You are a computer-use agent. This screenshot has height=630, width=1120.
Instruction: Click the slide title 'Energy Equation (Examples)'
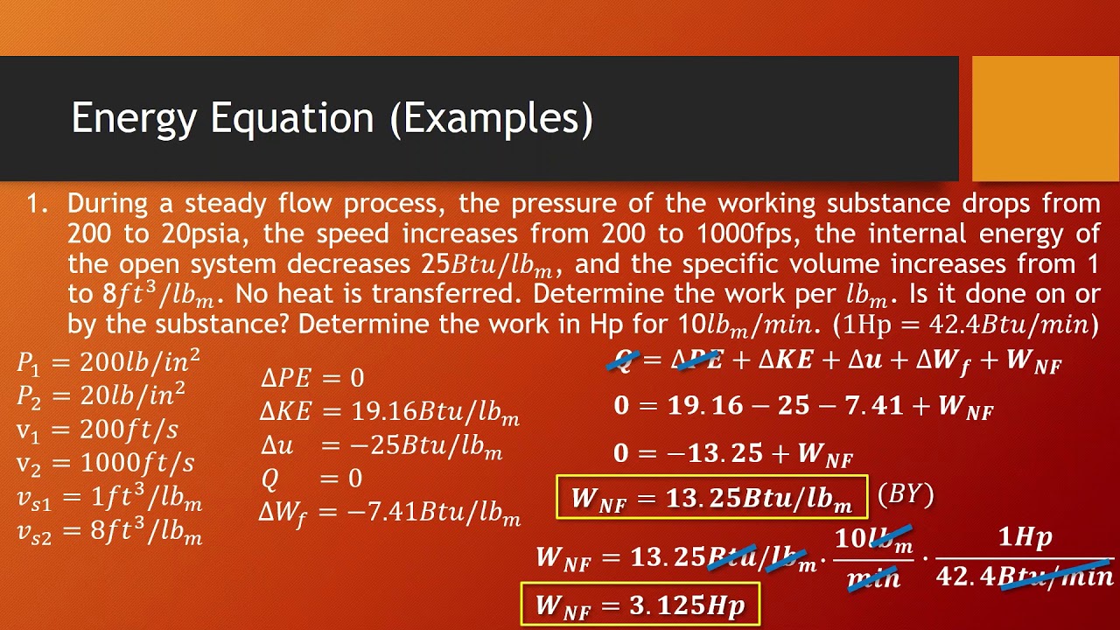332,118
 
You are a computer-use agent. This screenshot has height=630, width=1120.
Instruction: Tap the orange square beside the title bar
1046,118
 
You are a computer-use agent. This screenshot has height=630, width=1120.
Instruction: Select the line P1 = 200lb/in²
108,361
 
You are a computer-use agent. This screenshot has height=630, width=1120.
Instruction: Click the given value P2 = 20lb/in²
101,395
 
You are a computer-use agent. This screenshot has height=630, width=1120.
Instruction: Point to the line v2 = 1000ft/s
106,463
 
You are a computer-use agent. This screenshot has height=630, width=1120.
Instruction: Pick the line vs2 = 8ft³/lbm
109,530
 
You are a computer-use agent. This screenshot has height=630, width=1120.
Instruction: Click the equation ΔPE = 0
312,378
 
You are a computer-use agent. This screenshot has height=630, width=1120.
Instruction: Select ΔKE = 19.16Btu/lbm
390,412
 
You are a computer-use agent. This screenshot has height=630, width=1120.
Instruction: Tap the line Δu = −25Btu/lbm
381,445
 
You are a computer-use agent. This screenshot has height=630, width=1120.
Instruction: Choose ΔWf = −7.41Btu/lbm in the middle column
389,512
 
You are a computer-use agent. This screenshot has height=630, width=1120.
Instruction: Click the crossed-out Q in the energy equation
624,360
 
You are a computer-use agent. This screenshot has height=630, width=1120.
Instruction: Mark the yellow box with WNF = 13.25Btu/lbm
711,498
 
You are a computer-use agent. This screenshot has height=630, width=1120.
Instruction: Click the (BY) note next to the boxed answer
906,495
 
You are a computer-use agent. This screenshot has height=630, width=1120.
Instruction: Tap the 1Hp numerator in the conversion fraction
1025,538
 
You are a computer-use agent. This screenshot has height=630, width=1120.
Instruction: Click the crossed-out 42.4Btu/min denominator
1025,577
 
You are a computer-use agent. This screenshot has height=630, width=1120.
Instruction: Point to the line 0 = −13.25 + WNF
732,453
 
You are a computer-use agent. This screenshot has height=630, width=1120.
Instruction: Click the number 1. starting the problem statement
36,205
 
